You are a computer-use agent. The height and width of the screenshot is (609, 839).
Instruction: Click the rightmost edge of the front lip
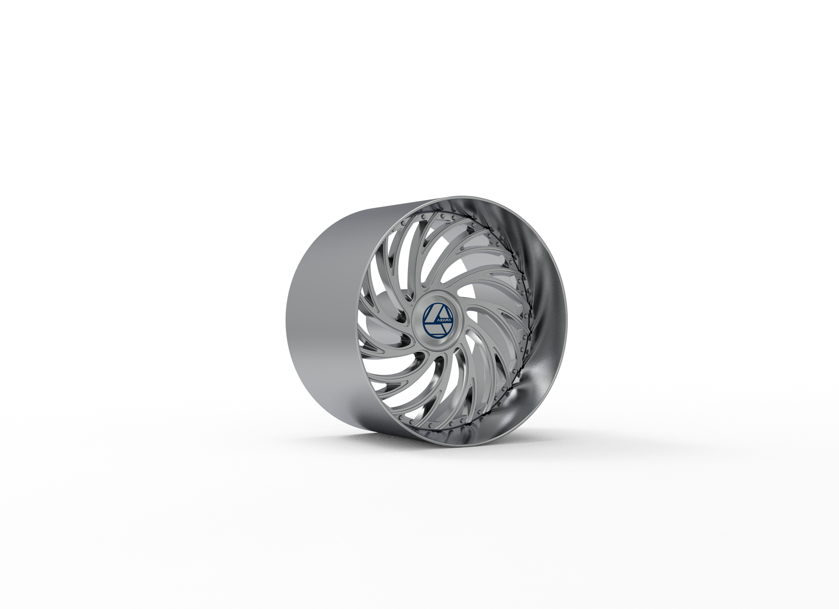point(567,319)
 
